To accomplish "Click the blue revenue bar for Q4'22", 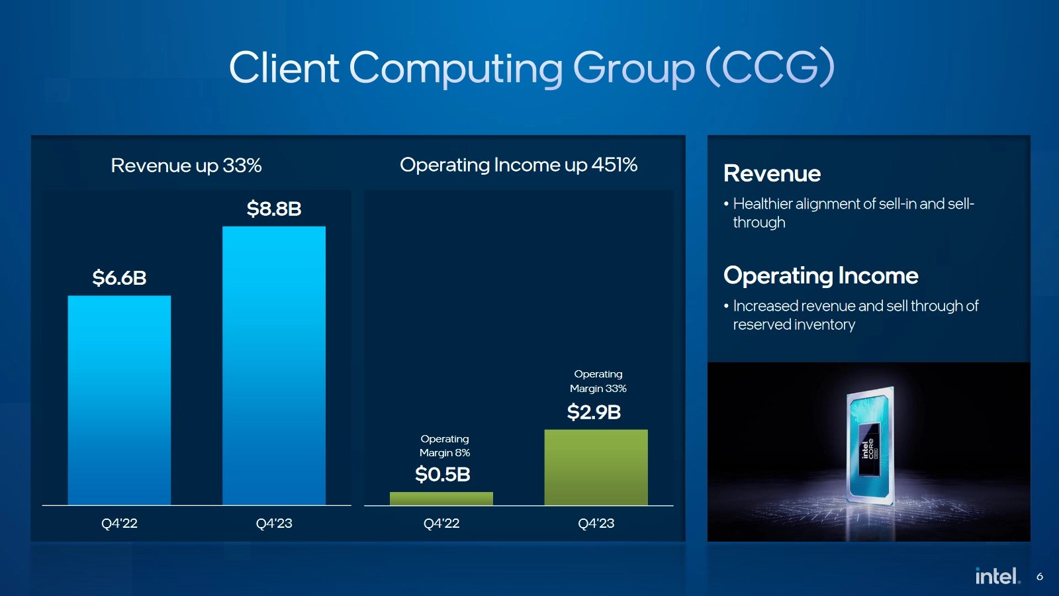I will tap(119, 400).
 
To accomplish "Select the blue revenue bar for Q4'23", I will tap(274, 366).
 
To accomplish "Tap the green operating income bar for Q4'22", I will tap(441, 499).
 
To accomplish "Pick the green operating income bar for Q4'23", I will tap(596, 468).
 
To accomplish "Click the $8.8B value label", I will tap(274, 209).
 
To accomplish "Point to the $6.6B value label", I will tap(119, 277).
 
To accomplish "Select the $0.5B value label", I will tap(442, 474).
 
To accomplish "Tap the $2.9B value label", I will tap(594, 412).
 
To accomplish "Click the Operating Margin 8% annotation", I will tap(445, 446).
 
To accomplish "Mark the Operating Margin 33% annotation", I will tap(598, 381).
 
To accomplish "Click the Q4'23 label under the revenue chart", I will tap(274, 523).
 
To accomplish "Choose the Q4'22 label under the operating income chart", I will tap(441, 523).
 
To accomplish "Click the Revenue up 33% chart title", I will tap(186, 165).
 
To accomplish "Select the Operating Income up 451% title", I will tap(518, 164).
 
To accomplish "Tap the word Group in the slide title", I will tap(633, 68).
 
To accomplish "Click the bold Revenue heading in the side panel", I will tap(772, 173).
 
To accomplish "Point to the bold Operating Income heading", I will tap(821, 275).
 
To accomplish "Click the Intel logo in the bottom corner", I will tap(997, 576).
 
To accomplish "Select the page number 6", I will tap(1040, 577).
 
